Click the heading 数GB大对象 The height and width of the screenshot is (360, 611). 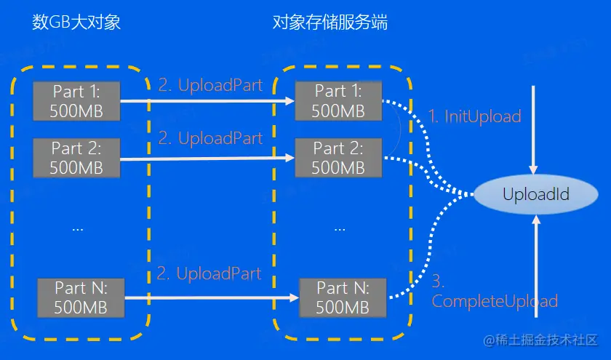76,22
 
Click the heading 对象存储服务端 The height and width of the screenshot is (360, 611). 330,22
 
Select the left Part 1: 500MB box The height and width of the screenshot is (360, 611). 76,101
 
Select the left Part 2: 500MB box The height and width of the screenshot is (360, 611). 76,158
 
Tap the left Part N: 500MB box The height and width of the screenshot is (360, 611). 81,297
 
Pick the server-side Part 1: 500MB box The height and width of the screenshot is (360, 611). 338,101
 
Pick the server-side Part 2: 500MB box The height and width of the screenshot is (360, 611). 338,158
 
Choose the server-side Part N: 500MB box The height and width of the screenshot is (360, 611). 343,297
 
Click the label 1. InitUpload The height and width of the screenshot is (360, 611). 474,116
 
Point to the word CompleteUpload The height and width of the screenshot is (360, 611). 495,301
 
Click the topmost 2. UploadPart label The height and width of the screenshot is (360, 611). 210,85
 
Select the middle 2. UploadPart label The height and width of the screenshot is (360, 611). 210,138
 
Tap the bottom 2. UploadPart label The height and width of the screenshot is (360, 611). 209,274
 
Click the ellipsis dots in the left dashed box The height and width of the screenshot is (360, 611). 78,228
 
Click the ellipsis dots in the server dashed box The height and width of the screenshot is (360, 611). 340,228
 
